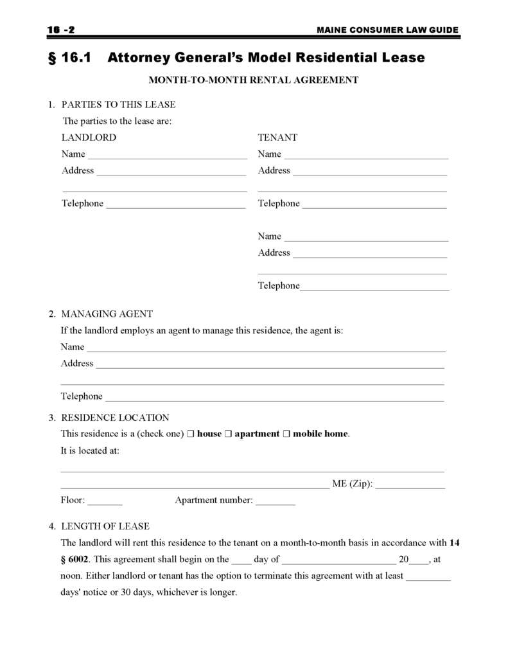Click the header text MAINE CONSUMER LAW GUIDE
(388, 30)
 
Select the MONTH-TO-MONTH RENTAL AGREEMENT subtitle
(253, 80)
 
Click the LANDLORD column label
(89, 138)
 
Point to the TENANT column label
(277, 138)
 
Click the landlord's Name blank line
(167, 156)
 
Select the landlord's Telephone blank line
(175, 206)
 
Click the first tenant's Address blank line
(369, 173)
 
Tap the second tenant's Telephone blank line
(374, 288)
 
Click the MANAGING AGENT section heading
(107, 314)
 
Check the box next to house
(191, 434)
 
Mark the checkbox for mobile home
(286, 434)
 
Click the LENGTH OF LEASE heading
(105, 526)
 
